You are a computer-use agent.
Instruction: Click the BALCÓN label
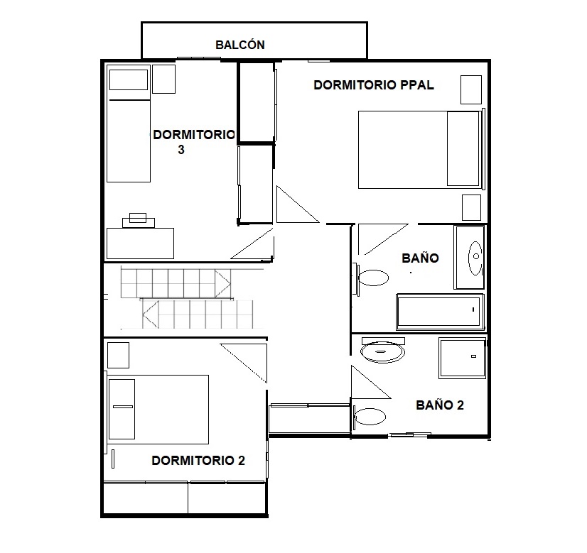tap(240, 45)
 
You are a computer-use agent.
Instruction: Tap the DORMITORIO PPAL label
tap(374, 85)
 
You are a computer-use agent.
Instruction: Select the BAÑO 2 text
tap(440, 405)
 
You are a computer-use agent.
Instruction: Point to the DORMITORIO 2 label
tap(198, 460)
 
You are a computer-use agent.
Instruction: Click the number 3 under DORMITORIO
tap(181, 150)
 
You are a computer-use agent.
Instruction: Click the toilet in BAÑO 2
tap(368, 416)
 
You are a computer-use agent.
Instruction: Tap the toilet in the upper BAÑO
tap(372, 278)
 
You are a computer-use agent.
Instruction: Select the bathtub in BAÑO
tap(440, 312)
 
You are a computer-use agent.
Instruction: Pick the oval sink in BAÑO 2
tap(382, 351)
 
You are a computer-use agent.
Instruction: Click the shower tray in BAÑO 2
tap(462, 358)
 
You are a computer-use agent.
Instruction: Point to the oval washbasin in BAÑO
tap(475, 258)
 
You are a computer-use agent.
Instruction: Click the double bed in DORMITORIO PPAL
tap(419, 150)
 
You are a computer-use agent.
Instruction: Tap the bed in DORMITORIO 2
tap(158, 410)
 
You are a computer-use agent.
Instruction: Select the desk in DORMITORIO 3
tap(140, 243)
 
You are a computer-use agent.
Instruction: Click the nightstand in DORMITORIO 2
tap(118, 355)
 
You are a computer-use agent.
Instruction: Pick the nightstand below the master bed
tap(471, 207)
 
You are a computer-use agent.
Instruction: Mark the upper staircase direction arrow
tap(222, 284)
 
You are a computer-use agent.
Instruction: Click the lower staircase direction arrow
tap(151, 314)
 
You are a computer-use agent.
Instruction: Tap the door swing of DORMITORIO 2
tap(244, 363)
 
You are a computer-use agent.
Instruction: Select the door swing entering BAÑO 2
tap(371, 382)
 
